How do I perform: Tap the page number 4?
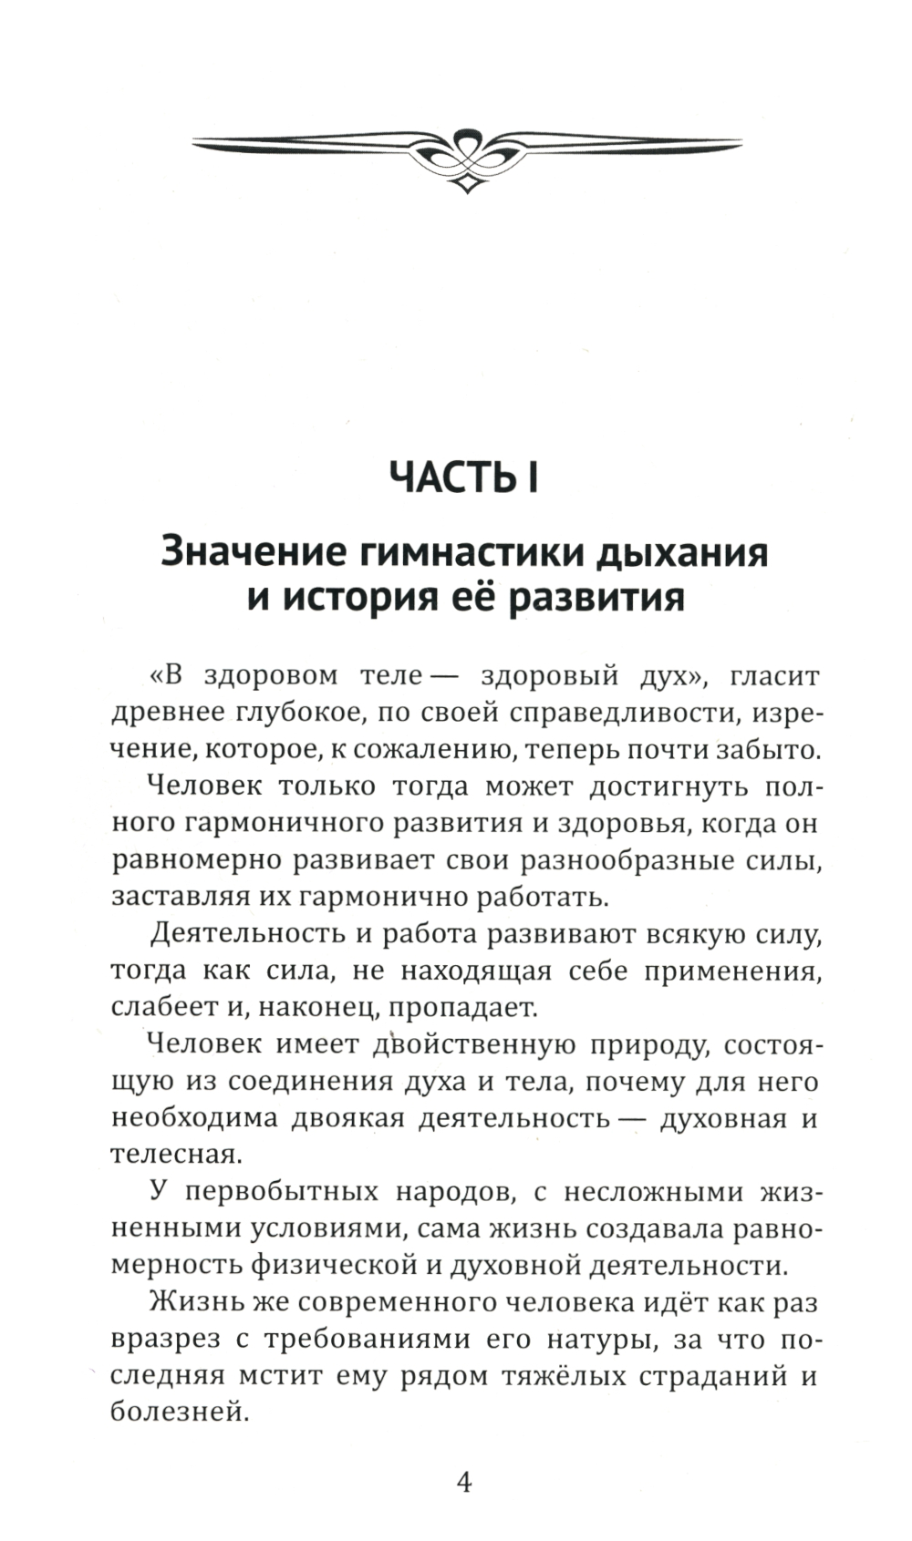(463, 1483)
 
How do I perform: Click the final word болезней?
(178, 1413)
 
